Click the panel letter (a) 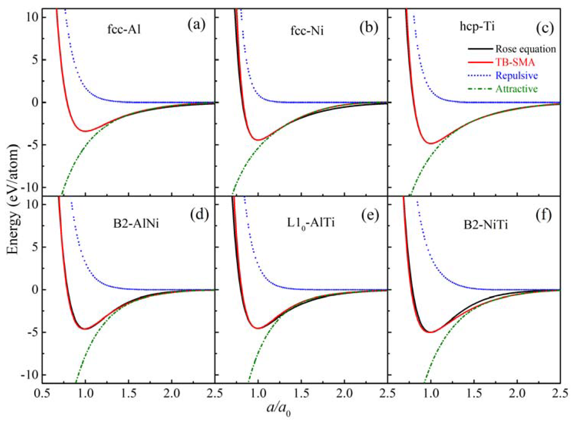click(196, 26)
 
